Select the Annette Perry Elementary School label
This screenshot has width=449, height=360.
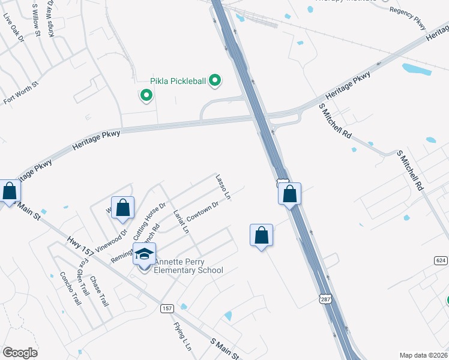188,266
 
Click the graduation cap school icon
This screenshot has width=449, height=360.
144,254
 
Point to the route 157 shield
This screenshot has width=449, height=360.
167,308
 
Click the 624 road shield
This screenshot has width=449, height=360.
440,260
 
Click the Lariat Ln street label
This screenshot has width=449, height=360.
181,220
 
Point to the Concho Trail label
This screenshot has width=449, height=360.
70,289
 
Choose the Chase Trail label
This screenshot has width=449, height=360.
99,291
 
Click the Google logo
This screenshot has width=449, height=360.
20,352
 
